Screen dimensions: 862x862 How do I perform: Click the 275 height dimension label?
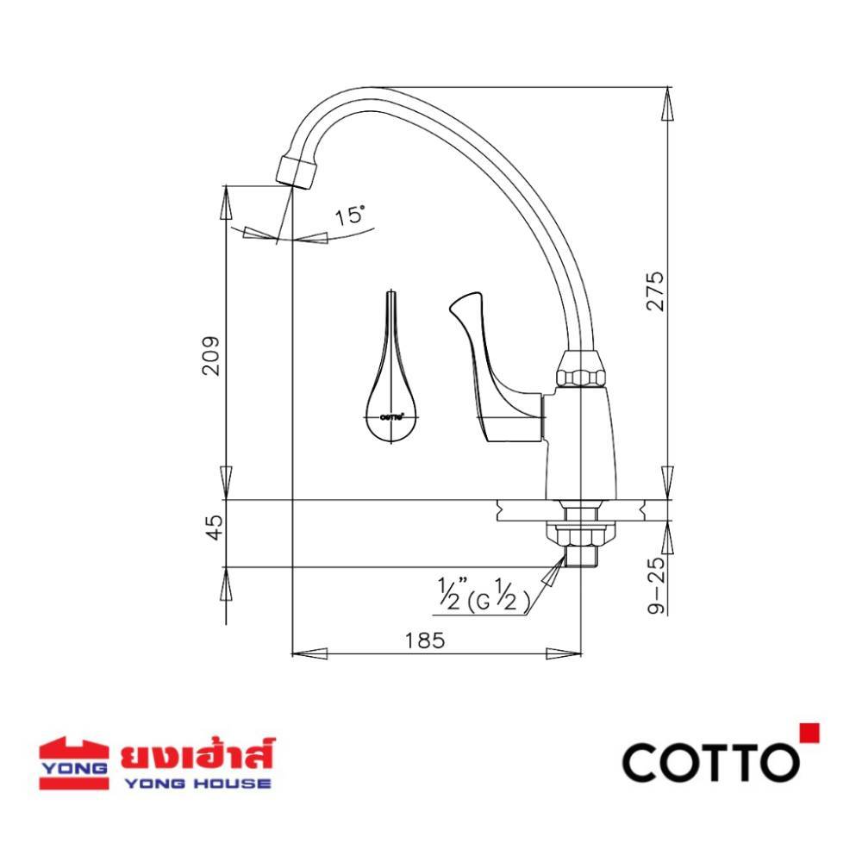pos(654,290)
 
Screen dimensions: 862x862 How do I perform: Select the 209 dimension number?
pos(211,355)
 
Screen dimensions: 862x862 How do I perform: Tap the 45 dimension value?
pos(215,528)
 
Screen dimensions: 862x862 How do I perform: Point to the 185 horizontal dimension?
pos(424,640)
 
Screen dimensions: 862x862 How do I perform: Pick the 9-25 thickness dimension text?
pos(656,584)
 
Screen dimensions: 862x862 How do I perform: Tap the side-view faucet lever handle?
pos(496,367)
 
